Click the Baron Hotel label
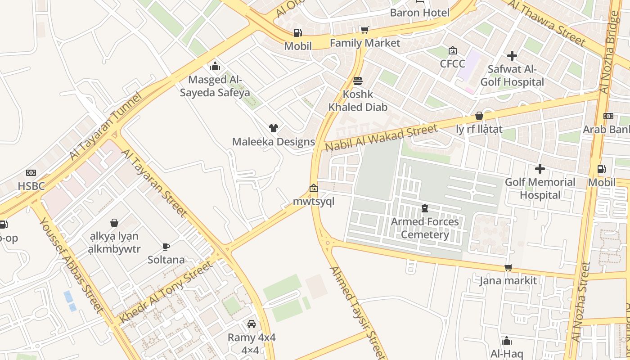[419, 13]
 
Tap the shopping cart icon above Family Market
[365, 30]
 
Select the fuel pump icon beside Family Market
[297, 32]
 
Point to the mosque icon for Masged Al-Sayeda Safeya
[215, 66]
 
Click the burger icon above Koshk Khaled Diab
[358, 81]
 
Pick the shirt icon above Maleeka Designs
[273, 128]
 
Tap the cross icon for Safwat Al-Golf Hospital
[512, 56]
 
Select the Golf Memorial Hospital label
[540, 189]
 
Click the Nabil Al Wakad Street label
[381, 138]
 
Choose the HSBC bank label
[31, 186]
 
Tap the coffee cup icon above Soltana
[166, 247]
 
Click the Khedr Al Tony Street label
[166, 292]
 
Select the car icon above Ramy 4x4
[252, 324]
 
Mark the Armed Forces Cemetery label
[425, 228]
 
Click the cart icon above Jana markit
[508, 268]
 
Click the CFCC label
[452, 63]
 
